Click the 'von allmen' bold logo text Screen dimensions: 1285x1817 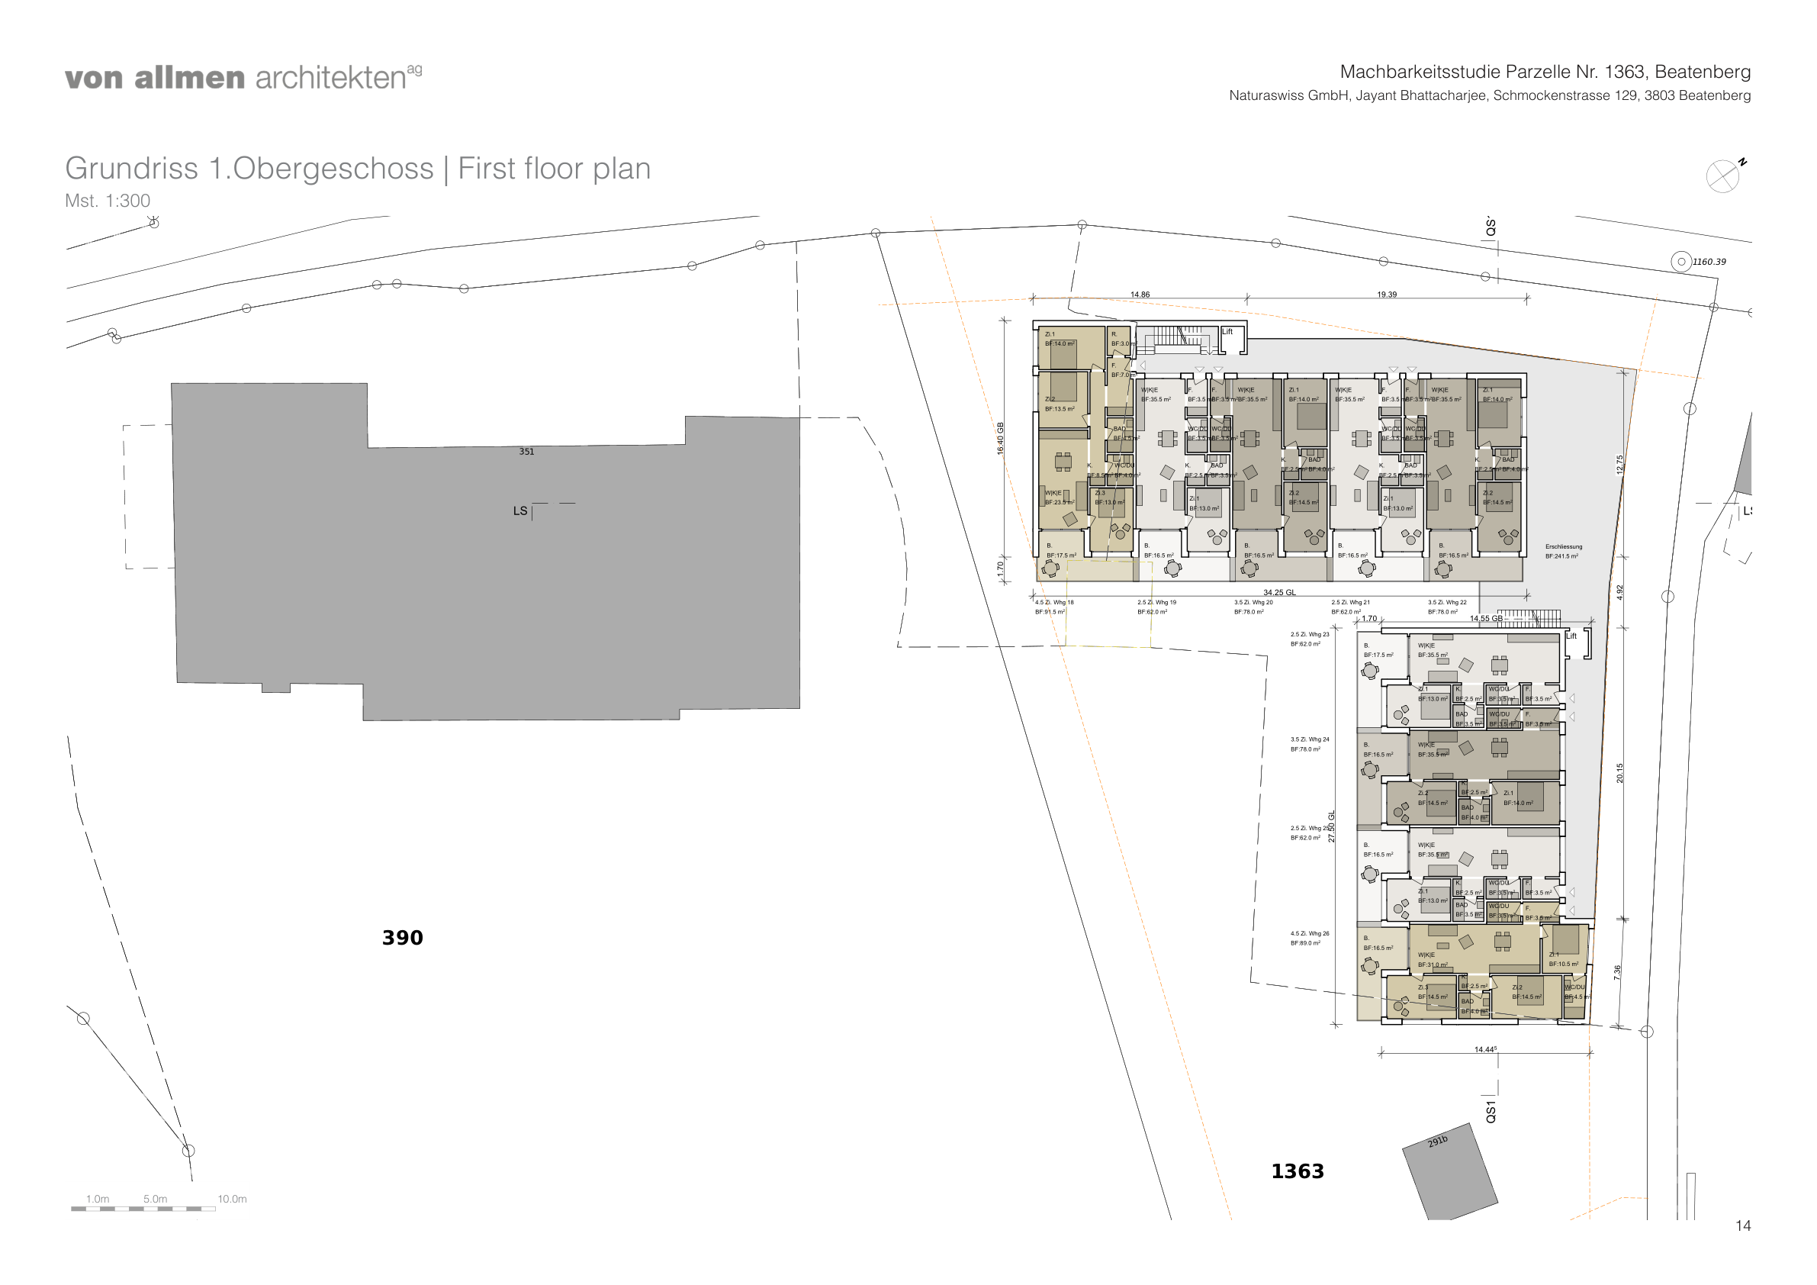point(154,79)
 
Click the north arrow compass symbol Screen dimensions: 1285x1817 point(1722,176)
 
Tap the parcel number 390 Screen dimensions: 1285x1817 point(402,939)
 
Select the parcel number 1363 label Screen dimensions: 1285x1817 point(1297,1172)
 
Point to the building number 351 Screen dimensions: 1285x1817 point(526,452)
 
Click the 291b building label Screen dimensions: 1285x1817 point(1437,1142)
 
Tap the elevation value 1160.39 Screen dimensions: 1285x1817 point(1709,262)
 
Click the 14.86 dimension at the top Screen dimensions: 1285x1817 point(1140,295)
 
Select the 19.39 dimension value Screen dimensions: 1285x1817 point(1387,295)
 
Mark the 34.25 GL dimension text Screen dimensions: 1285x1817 point(1279,592)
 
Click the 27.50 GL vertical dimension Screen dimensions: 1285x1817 point(1331,826)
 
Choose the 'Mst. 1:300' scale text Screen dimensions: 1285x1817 point(108,201)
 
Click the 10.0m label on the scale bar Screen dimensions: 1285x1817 point(232,1200)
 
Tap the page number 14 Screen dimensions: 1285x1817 point(1742,1226)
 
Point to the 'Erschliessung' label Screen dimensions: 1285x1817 point(1563,547)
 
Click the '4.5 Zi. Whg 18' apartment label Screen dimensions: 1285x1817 point(1054,603)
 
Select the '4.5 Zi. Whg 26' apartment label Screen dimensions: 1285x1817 point(1310,934)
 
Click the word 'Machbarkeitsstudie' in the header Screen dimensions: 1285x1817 point(1420,72)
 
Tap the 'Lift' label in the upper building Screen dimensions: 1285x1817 point(1227,332)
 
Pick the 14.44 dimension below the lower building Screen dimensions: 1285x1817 point(1484,1050)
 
